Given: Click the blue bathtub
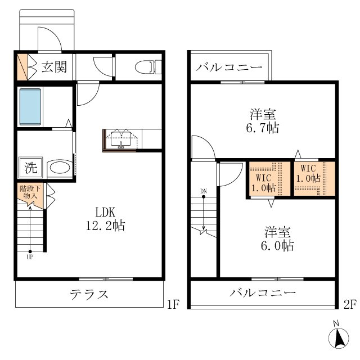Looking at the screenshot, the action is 30,107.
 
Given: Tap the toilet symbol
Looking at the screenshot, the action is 148,67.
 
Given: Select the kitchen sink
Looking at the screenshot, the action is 121,139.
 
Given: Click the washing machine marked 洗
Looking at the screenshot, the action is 31,168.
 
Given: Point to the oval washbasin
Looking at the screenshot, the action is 60,168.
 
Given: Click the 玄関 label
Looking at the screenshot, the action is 54,67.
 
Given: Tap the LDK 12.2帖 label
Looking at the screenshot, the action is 105,219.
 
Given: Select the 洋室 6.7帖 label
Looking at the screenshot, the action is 263,121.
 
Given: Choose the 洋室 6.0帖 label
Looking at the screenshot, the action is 277,238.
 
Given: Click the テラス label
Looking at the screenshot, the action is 89,294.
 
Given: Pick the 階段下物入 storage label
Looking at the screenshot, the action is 30,192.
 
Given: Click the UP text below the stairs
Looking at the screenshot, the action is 30,257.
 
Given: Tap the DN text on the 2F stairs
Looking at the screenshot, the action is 204,191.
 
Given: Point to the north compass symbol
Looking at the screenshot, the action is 339,337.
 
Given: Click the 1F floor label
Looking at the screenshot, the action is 173,305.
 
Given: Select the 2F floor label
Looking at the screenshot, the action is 350,305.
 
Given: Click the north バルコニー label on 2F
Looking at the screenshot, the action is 229,67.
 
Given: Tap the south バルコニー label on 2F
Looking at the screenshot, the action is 263,292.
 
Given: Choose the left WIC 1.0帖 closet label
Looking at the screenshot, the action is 264,183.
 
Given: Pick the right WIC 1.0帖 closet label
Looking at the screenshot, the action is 308,173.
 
